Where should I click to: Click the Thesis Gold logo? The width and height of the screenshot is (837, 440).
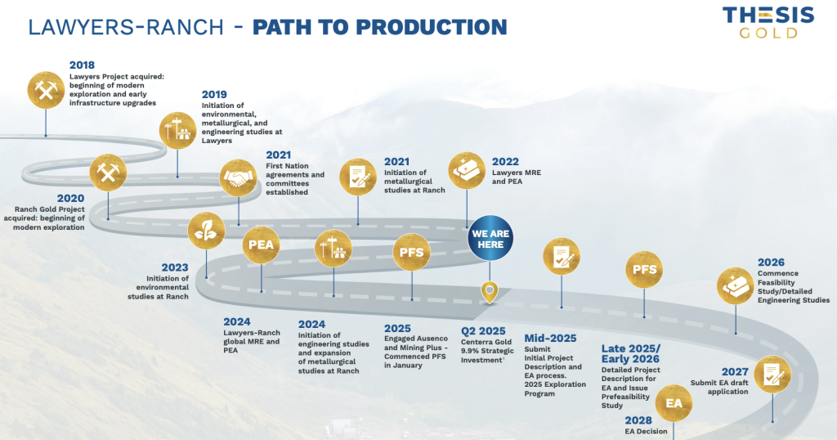coord(768,22)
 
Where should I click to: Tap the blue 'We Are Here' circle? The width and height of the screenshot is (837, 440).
coord(490,239)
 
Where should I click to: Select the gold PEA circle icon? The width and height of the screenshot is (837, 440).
coord(261,245)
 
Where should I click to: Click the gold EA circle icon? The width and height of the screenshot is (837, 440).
coord(674,403)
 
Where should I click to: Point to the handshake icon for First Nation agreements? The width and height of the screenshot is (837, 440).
coord(238,177)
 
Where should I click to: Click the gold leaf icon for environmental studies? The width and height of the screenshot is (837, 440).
coord(206,231)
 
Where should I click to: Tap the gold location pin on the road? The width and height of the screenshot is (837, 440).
coord(490,292)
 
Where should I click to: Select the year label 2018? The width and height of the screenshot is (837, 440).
coord(83,65)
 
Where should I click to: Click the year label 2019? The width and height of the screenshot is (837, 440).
coord(214,95)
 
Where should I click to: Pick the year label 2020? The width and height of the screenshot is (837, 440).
coord(70,198)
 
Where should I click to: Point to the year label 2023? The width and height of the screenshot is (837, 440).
coord(175,267)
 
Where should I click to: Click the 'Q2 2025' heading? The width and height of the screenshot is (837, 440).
coord(483,331)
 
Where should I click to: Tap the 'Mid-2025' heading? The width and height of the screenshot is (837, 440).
coord(550,338)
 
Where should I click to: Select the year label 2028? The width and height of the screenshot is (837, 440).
coord(638,420)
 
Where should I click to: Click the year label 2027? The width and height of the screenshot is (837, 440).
coord(735,371)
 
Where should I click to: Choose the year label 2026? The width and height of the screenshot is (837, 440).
coord(771,263)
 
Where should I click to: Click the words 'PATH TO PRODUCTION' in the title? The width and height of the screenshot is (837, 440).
coord(379,27)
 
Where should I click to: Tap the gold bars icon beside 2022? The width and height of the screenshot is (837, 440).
coord(467,171)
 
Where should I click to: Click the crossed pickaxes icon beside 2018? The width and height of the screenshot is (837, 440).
coord(46,90)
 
